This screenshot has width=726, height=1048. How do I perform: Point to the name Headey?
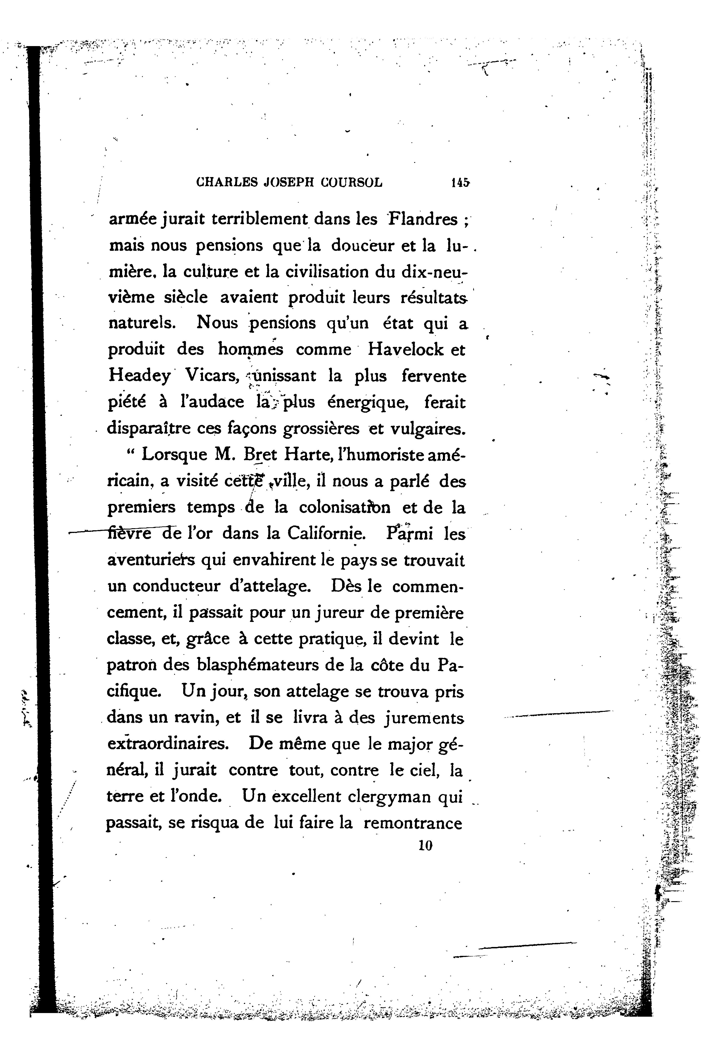(x=139, y=376)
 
